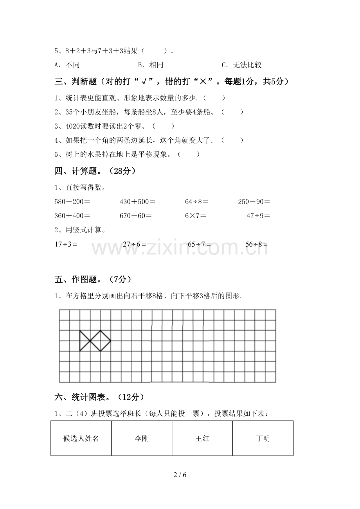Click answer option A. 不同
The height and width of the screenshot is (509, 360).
(x=67, y=65)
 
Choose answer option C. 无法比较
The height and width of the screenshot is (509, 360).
(x=241, y=65)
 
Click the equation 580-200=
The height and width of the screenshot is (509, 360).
(x=72, y=202)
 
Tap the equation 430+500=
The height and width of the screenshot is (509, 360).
(x=137, y=202)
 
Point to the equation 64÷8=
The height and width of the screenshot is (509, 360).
(x=196, y=202)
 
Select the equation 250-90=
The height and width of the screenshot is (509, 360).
(x=254, y=202)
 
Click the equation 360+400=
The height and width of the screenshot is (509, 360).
(x=72, y=215)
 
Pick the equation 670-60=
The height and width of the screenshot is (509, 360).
(x=135, y=215)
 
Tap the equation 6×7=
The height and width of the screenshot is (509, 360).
(x=195, y=215)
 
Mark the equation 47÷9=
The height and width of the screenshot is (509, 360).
(x=258, y=215)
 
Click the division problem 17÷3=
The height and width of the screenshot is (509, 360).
(x=66, y=244)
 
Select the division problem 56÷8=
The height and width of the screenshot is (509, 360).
(x=257, y=244)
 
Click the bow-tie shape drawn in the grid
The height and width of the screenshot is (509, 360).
(x=95, y=341)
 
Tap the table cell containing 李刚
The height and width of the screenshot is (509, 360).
(x=142, y=438)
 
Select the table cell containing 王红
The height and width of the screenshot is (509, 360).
(x=202, y=438)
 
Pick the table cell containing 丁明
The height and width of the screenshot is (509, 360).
(x=263, y=438)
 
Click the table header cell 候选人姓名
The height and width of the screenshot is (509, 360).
(x=81, y=438)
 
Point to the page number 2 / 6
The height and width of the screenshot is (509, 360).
(x=180, y=475)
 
